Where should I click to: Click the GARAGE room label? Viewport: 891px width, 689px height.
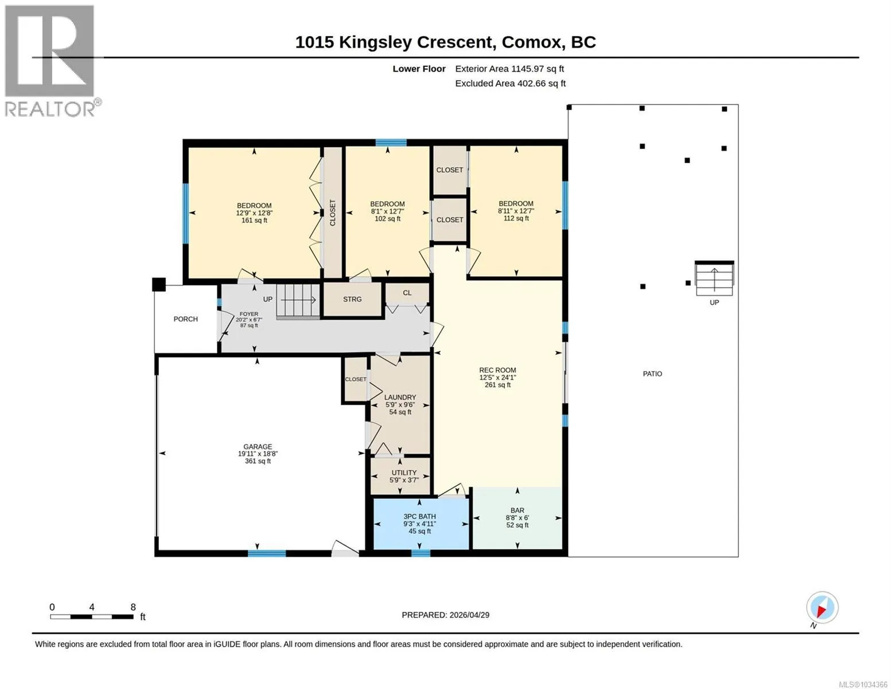(x=258, y=447)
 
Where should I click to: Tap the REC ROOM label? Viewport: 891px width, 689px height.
(x=497, y=370)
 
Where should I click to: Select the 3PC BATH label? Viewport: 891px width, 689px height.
(x=419, y=516)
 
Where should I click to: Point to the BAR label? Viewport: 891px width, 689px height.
(x=517, y=510)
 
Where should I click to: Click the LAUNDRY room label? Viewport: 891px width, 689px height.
(x=400, y=397)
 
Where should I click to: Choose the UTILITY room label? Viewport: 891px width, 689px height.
(x=404, y=473)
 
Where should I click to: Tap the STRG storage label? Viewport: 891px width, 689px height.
(x=352, y=300)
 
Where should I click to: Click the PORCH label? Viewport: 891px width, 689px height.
(x=185, y=319)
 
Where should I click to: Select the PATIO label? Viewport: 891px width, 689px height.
(x=652, y=374)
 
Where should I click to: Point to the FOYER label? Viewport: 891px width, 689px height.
(x=249, y=314)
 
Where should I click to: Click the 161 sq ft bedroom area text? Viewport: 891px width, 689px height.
(x=254, y=220)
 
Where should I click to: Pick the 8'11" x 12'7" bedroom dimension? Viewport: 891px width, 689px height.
(x=516, y=211)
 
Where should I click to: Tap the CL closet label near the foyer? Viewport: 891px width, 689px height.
(x=407, y=293)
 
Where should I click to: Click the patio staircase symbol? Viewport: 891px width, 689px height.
(x=714, y=278)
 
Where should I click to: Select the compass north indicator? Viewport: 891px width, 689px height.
(x=822, y=607)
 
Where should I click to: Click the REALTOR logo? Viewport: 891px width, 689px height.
(x=49, y=60)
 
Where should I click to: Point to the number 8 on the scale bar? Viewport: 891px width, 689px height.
(x=133, y=607)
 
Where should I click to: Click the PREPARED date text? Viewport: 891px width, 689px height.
(x=445, y=615)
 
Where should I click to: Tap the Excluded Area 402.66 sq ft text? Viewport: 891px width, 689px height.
(x=510, y=83)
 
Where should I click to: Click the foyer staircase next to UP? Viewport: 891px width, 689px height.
(x=298, y=301)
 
